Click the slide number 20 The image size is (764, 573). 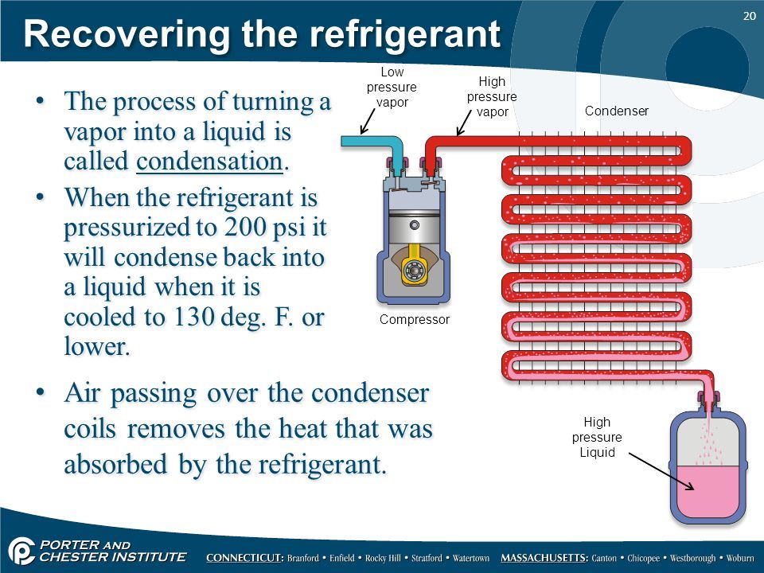[x=748, y=16]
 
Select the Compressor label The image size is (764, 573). [x=415, y=319]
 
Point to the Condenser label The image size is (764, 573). [x=617, y=111]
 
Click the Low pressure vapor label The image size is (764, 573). [x=392, y=88]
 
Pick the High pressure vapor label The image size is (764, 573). [x=491, y=96]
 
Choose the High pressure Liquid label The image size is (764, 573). [x=597, y=438]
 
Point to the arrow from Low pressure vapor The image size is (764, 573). [x=369, y=121]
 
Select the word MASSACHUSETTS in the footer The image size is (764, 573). [x=544, y=558]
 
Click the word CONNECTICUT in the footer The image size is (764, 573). [x=244, y=558]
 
